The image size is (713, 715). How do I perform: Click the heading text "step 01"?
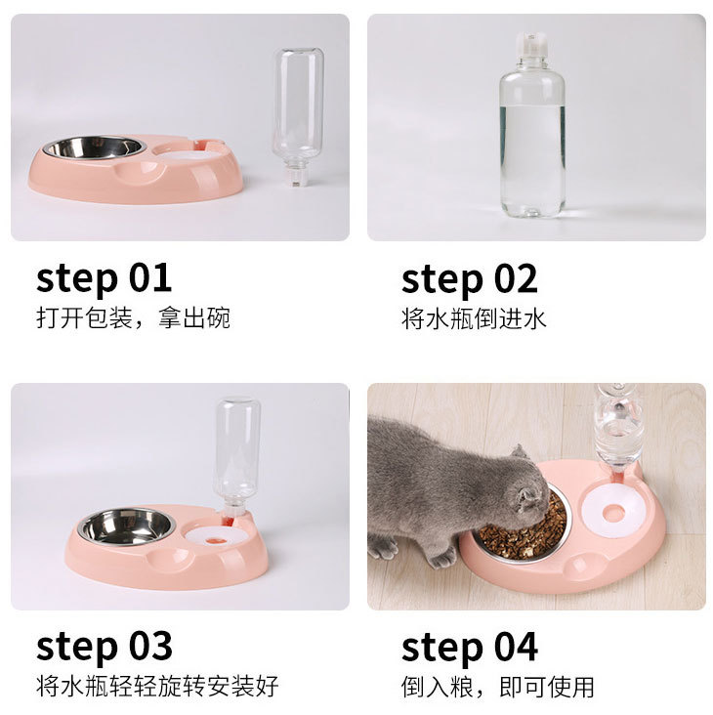(104, 278)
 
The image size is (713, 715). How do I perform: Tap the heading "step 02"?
(470, 279)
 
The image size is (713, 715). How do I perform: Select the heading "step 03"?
(105, 647)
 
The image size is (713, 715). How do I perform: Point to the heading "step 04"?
(470, 647)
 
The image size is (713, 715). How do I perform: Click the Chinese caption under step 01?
(133, 317)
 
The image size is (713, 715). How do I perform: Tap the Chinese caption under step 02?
(474, 318)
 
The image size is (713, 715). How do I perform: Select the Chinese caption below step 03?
(157, 686)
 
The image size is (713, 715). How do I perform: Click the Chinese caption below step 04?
(498, 687)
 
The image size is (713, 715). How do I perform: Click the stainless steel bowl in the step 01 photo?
(95, 147)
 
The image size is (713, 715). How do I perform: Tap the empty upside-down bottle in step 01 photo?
(299, 116)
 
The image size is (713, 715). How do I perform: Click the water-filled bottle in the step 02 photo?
(532, 124)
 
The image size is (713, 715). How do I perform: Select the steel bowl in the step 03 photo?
(126, 526)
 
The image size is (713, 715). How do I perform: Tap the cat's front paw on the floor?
(441, 557)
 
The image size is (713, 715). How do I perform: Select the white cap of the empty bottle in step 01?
(295, 175)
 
